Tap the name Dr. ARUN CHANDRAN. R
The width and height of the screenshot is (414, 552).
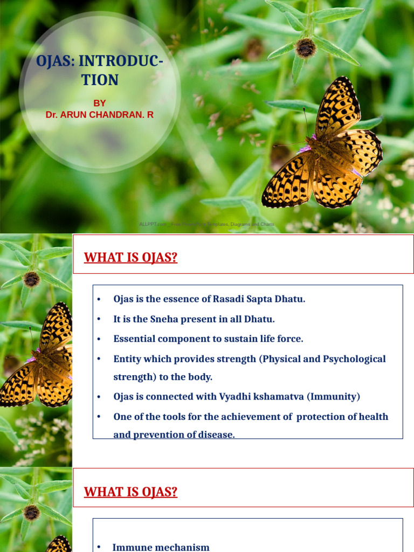[100, 115]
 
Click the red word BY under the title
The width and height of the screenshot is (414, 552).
[100, 103]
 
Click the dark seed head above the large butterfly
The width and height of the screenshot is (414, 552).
[305, 49]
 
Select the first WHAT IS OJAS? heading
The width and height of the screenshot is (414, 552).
[130, 258]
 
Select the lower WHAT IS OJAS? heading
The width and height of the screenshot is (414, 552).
[130, 492]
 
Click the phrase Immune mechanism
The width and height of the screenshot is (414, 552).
[161, 547]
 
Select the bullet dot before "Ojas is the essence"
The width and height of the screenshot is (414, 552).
[99, 300]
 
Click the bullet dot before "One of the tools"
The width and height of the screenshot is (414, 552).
[99, 417]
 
